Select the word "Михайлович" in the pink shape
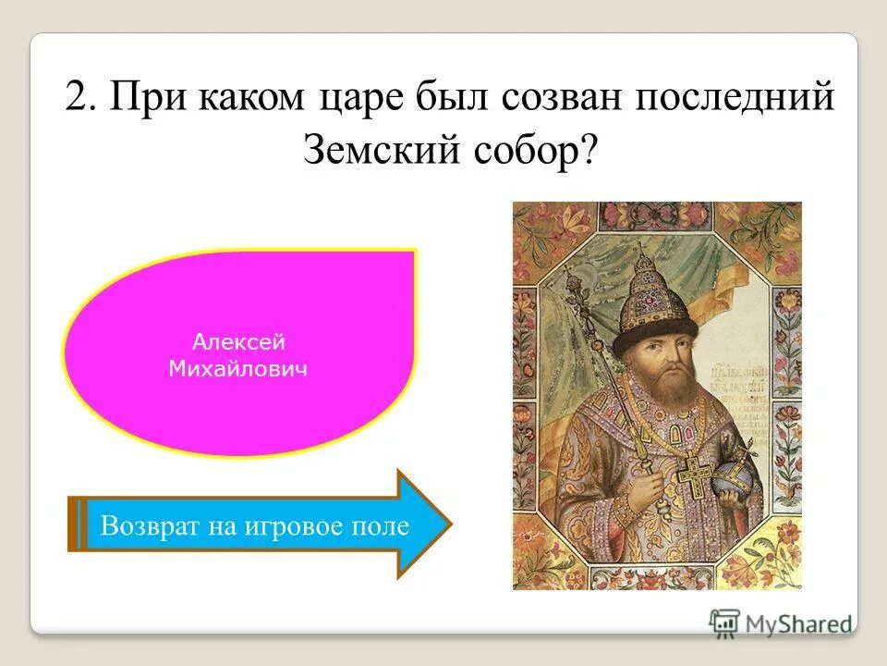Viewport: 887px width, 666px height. click(239, 369)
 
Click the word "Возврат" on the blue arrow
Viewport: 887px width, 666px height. click(146, 525)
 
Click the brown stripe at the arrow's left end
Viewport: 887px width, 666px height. click(74, 524)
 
